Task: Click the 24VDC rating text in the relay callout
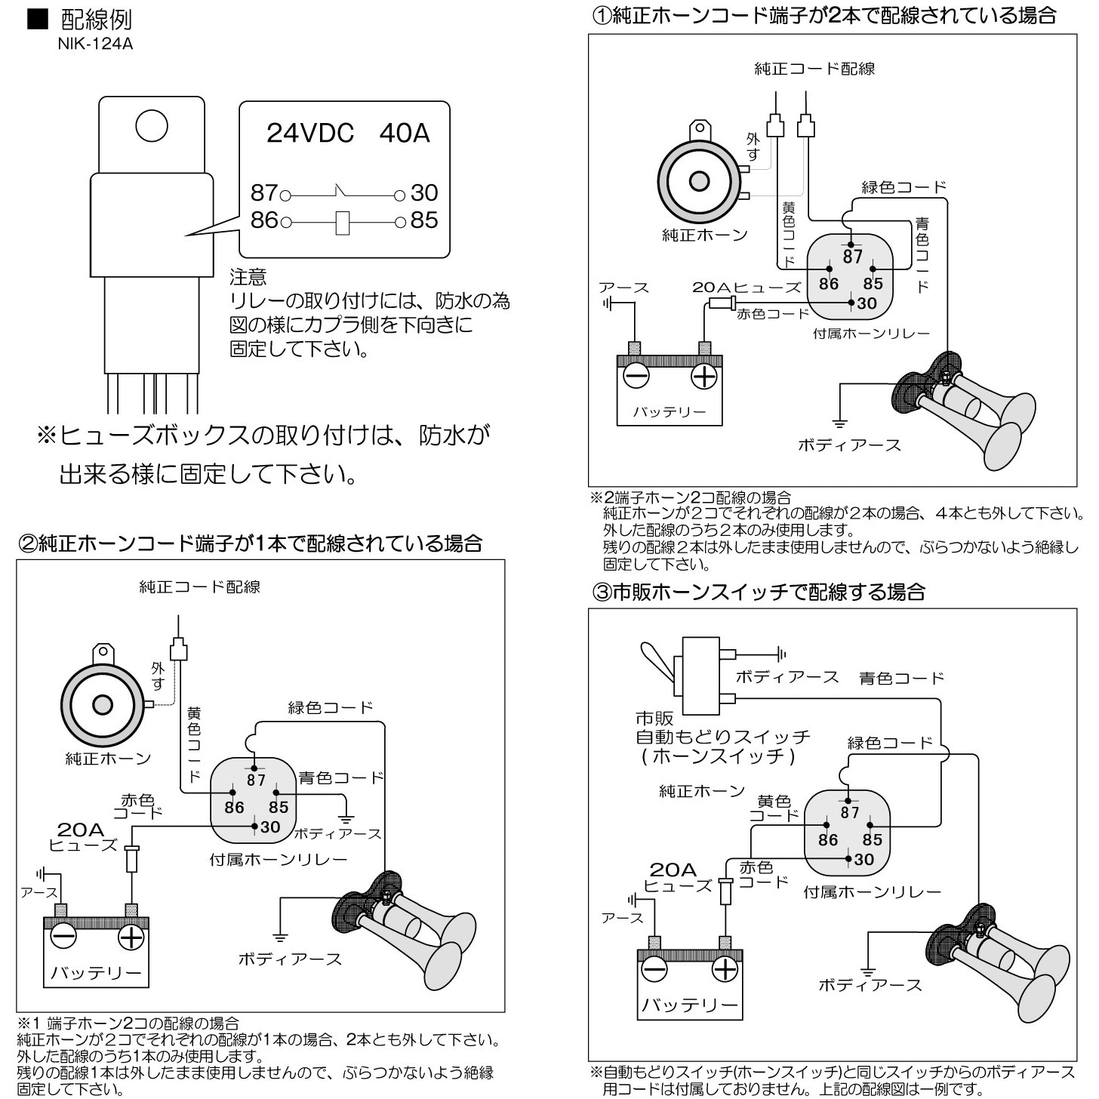tap(309, 134)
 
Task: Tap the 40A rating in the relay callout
tap(404, 134)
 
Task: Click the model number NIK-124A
tap(95, 44)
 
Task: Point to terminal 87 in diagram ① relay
tap(852, 256)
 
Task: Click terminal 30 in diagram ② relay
tap(269, 827)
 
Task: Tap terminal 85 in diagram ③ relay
tap(872, 839)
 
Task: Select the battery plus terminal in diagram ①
tap(703, 376)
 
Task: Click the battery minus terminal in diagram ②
tap(63, 937)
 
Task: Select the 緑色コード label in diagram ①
tap(904, 187)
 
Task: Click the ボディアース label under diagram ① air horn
tap(849, 445)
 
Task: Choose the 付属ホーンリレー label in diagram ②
tap(278, 860)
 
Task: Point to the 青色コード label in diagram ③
tap(901, 678)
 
